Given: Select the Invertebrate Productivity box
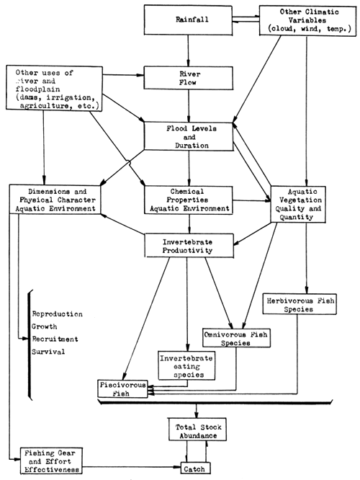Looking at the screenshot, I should click(189, 244).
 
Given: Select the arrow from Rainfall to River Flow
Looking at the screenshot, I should click(189, 52).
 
